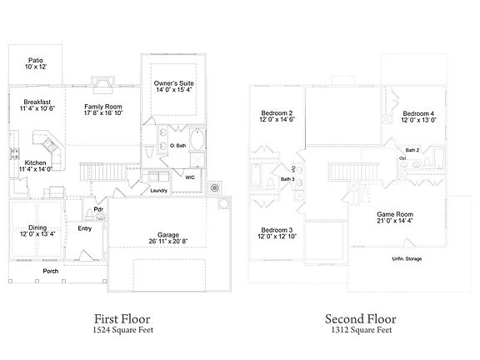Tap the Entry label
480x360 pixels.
coord(85,227)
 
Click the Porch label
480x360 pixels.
coord(51,271)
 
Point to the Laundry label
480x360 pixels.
coord(160,191)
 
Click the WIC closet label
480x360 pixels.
coord(189,177)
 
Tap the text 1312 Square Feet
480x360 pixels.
coord(359,330)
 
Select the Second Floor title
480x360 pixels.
coord(359,318)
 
